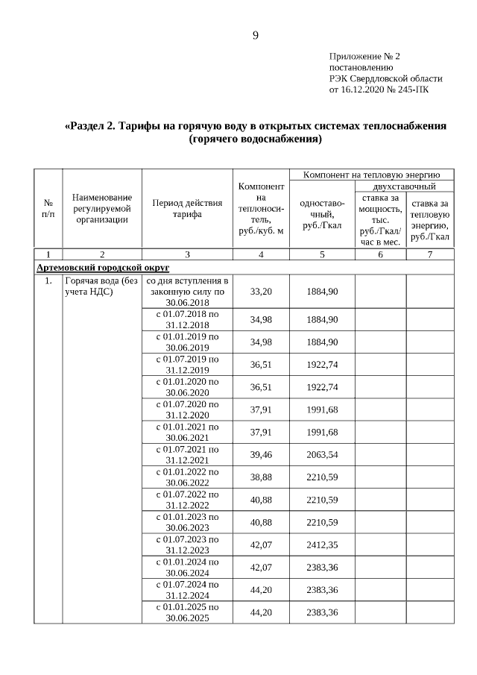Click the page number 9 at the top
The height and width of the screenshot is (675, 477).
(x=255, y=36)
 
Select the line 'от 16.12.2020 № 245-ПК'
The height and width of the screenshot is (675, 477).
(x=379, y=90)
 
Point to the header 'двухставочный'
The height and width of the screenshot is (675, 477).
(x=403, y=186)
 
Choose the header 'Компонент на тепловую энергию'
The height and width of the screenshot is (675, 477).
(x=372, y=174)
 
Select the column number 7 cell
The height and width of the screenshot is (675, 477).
(x=429, y=254)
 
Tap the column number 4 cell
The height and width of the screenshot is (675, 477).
(x=261, y=254)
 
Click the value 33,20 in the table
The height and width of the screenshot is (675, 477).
(x=261, y=291)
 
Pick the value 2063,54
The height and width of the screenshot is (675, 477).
(x=322, y=455)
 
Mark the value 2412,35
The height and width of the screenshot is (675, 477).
(x=322, y=544)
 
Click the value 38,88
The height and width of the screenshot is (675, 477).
(x=261, y=477)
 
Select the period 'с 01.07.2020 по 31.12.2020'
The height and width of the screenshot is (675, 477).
(x=187, y=409)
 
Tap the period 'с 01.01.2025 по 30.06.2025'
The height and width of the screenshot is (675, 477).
(x=187, y=612)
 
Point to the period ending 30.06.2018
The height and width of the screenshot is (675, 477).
(x=187, y=291)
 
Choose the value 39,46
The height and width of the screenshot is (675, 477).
(x=261, y=455)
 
